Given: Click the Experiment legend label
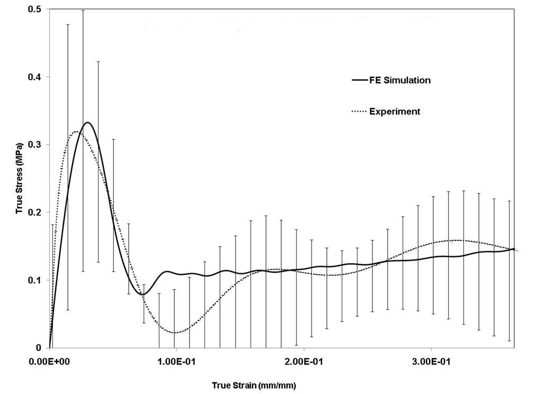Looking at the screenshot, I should click(x=395, y=111).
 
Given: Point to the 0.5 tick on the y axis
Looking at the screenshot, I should click(x=38, y=10).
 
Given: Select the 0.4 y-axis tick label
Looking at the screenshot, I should click(x=38, y=77).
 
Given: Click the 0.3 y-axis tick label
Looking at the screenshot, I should click(x=38, y=145).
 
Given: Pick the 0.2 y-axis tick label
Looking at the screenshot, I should click(x=38, y=212).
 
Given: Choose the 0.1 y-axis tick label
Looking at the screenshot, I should click(x=38, y=280).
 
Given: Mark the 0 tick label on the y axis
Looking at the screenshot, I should click(x=41, y=348).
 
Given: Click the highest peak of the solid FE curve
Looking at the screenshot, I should click(x=88, y=122).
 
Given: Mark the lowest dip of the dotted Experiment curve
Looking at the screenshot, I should click(x=176, y=333).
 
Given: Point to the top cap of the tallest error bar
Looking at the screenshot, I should click(x=83, y=10).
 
